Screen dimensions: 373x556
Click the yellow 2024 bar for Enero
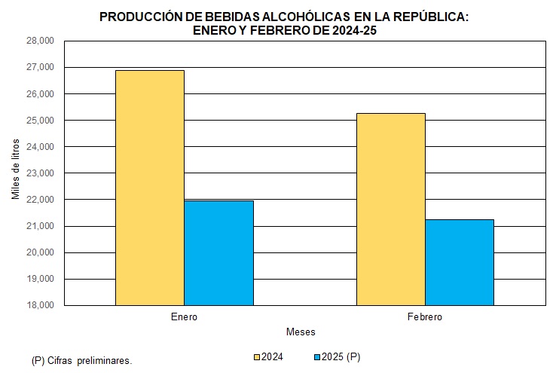149,188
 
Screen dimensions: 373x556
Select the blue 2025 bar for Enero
218,252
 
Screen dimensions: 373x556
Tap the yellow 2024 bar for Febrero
390,209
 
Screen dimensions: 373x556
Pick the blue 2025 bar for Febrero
459,262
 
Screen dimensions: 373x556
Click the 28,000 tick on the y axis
41,41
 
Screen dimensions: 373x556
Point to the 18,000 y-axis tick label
41,305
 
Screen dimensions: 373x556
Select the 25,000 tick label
41,120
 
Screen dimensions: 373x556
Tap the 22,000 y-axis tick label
41,200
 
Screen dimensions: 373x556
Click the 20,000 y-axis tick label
41,252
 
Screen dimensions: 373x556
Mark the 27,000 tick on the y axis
41,67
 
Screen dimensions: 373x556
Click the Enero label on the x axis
184,317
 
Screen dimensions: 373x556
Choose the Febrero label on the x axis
425,317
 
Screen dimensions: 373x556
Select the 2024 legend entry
267,356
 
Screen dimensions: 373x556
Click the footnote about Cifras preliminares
82,361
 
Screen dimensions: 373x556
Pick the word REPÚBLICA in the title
428,17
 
